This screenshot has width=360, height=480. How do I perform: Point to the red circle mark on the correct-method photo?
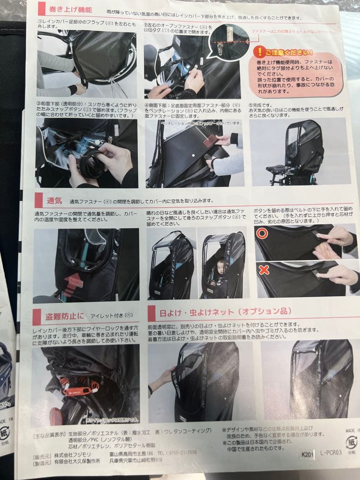pyautogui.click(x=262, y=233)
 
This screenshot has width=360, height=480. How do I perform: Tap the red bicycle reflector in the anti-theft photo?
pyautogui.click(x=56, y=417)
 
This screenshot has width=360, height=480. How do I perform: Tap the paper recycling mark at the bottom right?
pyautogui.click(x=351, y=443)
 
